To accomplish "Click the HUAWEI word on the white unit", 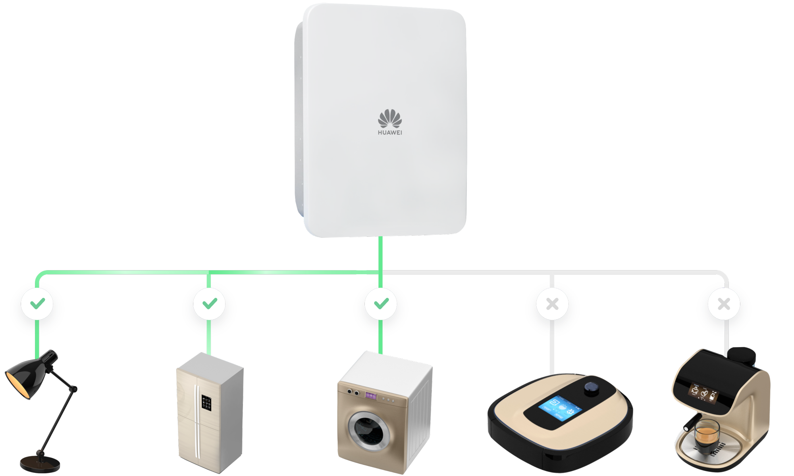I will click(x=390, y=132).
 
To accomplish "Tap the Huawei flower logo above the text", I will click(x=390, y=118).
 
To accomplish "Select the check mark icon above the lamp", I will click(x=37, y=304).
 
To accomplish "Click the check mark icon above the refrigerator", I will click(x=209, y=304).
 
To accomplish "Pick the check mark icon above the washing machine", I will click(x=381, y=304).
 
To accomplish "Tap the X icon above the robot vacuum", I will click(x=552, y=304).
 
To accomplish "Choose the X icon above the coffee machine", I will click(x=724, y=304).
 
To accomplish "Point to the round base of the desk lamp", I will click(x=40, y=463).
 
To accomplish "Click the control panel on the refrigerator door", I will click(x=206, y=403).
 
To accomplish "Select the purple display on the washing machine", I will click(x=371, y=395).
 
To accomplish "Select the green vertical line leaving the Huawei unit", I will click(x=380, y=254).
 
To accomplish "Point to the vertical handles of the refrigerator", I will click(x=197, y=420).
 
